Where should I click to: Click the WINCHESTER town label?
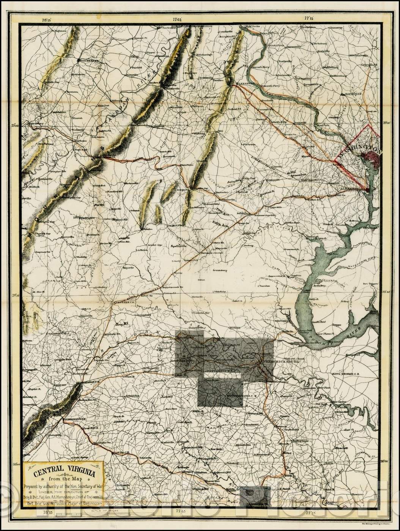(88, 60)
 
